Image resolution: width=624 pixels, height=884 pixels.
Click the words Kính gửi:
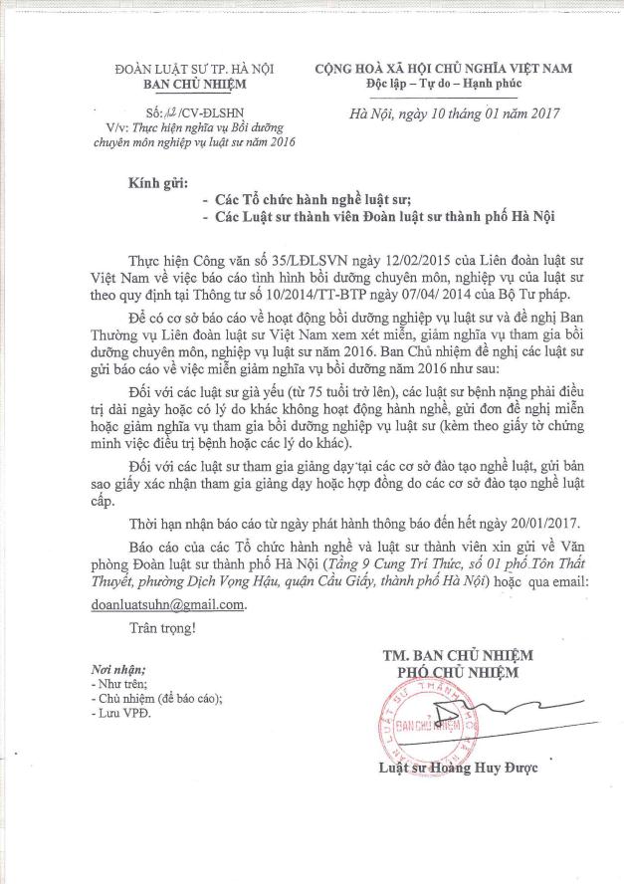(x=156, y=184)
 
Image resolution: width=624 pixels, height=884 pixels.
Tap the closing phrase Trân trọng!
(x=162, y=628)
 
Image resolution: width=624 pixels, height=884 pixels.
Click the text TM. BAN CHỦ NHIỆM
(x=458, y=655)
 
